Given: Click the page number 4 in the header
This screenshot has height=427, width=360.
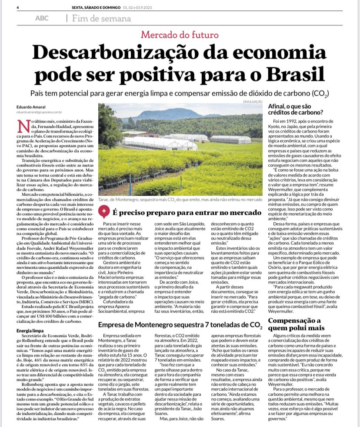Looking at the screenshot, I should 18,7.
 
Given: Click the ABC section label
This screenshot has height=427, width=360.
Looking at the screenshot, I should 42,19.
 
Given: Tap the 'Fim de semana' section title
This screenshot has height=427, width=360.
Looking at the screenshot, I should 101,19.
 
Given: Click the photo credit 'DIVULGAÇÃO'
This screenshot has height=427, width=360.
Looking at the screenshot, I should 253,101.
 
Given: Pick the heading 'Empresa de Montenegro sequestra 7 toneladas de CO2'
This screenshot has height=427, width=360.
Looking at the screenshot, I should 180,326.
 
